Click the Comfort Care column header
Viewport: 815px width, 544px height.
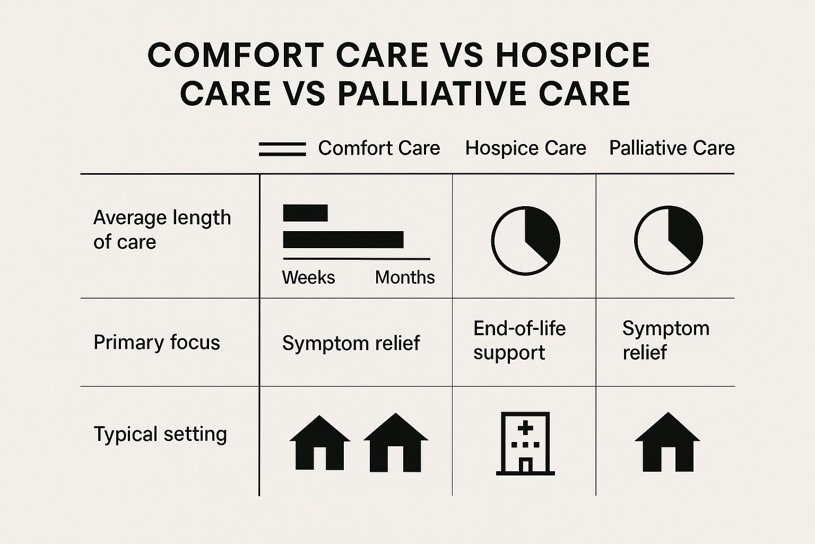coord(379,148)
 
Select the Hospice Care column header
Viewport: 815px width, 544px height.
coord(526,148)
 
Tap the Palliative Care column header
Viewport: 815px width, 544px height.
coord(672,148)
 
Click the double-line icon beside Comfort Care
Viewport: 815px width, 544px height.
coord(282,149)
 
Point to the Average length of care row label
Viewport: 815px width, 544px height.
coord(162,229)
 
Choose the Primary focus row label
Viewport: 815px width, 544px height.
coord(157,343)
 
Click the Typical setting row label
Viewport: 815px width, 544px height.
coord(160,435)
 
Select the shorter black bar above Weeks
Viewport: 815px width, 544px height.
coord(305,213)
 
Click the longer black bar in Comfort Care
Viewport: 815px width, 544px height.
coord(343,240)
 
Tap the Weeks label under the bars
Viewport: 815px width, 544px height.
coord(308,278)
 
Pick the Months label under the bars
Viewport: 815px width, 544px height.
coord(405,278)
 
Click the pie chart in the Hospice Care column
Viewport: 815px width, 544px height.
coord(526,241)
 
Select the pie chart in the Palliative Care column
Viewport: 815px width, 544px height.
coord(669,240)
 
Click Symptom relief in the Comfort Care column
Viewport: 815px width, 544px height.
coord(351,343)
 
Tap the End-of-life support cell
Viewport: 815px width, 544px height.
coord(519,341)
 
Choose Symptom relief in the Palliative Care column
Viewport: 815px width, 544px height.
coord(666,341)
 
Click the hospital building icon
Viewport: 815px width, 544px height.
coord(525,444)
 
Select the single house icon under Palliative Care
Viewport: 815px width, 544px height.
coord(667,442)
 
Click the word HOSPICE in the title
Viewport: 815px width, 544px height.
coord(573,55)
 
